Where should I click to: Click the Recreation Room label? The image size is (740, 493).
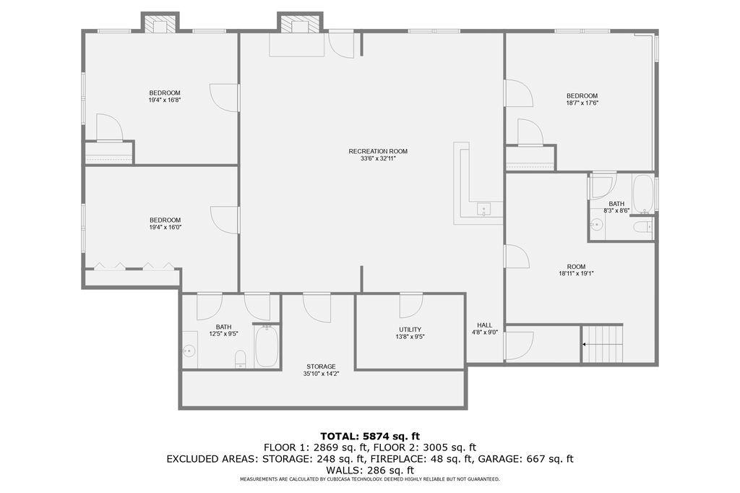[378, 151]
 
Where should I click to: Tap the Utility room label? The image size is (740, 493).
[410, 329]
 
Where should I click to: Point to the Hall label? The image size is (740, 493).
[485, 325]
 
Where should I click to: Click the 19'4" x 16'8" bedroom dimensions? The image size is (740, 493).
[165, 100]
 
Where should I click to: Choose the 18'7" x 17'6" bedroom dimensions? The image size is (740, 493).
[582, 103]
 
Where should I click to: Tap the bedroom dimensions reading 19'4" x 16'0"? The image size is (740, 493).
[165, 228]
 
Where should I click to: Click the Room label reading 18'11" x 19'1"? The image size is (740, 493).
[576, 273]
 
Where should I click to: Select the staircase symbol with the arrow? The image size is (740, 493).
[603, 343]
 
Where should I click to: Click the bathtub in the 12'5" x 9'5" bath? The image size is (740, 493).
[267, 346]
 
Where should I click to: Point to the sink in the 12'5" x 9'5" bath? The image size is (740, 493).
[189, 351]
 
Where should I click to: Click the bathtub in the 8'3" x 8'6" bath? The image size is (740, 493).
[642, 194]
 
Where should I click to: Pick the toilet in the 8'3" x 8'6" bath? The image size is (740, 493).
[642, 228]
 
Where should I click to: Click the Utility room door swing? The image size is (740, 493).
[410, 305]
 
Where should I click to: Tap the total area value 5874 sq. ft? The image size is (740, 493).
[391, 436]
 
